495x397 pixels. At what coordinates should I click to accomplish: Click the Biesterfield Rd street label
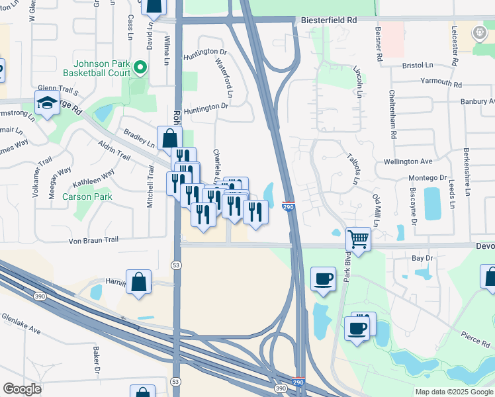point(329,21)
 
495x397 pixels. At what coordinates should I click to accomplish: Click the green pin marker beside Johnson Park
point(140,67)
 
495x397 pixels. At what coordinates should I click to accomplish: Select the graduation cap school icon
point(47,104)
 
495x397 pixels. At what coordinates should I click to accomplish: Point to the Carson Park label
point(87,197)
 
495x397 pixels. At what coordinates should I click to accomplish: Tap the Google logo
point(22,389)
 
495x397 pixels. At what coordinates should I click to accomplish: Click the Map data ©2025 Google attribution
point(453,392)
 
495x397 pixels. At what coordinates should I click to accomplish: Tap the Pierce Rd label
point(475,339)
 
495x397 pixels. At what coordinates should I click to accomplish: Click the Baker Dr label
point(96,359)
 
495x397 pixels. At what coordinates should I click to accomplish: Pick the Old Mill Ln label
point(377,210)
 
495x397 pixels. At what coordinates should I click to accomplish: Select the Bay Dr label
point(422,258)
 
